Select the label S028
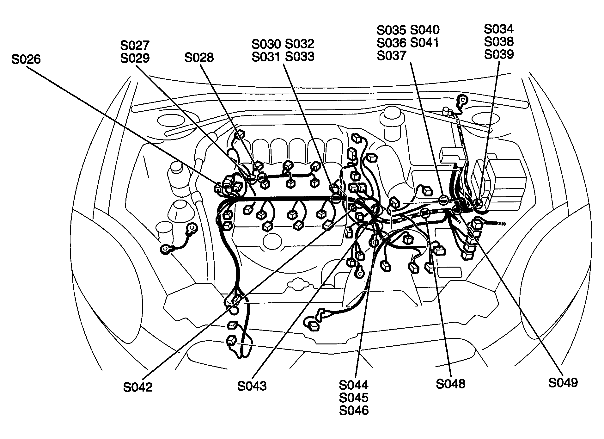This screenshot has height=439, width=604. (x=199, y=58)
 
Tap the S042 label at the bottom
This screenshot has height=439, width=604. (x=137, y=387)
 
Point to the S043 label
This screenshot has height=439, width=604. (x=252, y=386)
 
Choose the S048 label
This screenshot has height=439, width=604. (x=450, y=384)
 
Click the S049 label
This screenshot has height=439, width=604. (x=563, y=383)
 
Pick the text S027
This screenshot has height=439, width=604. (x=135, y=46)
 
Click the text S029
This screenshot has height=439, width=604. (x=135, y=58)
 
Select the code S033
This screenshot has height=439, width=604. (x=300, y=57)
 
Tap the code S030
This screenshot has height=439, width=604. (x=266, y=44)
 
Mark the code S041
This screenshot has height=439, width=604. (x=424, y=42)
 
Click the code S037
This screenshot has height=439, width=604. (x=391, y=55)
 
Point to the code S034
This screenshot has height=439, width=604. (x=499, y=29)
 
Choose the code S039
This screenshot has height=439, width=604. (x=499, y=54)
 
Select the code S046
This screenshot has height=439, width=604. (x=354, y=411)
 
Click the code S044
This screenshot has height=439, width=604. (x=354, y=385)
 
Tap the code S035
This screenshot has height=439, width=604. (x=391, y=30)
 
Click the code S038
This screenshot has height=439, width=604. (x=499, y=42)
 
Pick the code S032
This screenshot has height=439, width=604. (x=300, y=44)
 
